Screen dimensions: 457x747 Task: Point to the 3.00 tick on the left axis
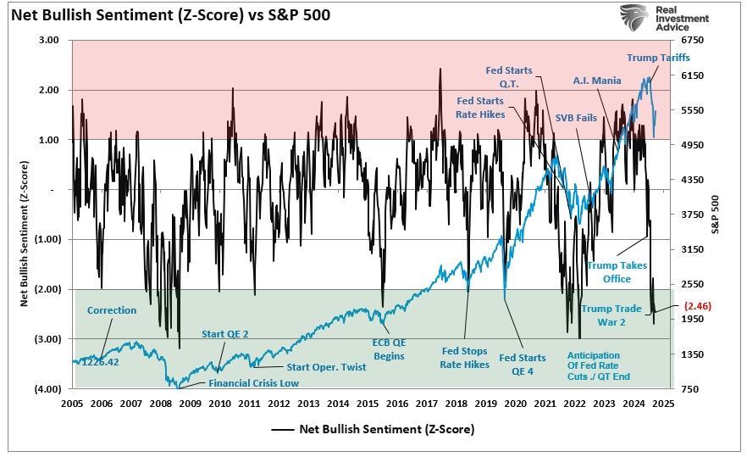point(49,40)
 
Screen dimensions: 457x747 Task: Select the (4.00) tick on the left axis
point(47,388)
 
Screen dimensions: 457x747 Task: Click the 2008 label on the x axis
point(160,404)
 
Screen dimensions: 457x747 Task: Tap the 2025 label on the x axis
point(662,404)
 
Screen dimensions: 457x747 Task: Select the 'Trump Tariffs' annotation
point(658,58)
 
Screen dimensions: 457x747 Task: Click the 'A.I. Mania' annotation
point(596,81)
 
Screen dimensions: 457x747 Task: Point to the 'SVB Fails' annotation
point(577,117)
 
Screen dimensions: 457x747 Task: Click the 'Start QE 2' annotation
point(224,333)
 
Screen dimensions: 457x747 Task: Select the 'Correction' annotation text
point(112,310)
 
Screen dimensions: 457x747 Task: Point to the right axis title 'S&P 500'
point(716,214)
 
